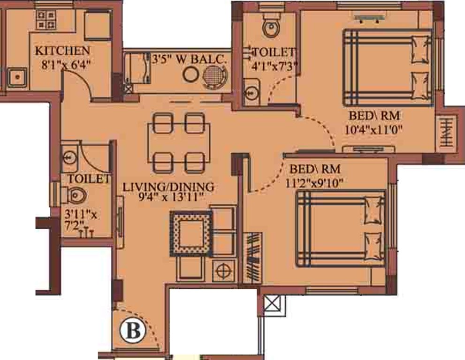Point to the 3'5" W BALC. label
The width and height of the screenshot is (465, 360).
pyautogui.click(x=190, y=60)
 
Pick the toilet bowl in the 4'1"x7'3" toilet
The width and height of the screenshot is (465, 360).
pyautogui.click(x=270, y=28)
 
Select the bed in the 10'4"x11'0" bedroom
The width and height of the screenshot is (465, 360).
pyautogui.click(x=387, y=67)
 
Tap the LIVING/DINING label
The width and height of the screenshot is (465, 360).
pyautogui.click(x=168, y=187)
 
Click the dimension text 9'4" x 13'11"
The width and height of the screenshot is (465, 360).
pyautogui.click(x=168, y=197)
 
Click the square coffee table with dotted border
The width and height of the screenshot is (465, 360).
pyautogui.click(x=191, y=231)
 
